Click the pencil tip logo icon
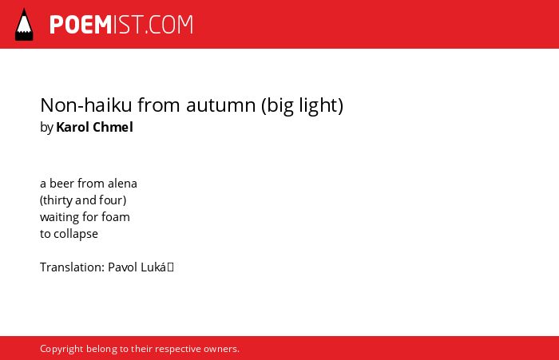point(24,25)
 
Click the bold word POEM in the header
point(81,25)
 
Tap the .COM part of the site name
point(169,25)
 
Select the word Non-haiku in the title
point(86,105)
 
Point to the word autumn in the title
point(221,105)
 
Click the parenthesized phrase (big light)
point(303,105)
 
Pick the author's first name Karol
point(73,127)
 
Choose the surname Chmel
point(113,127)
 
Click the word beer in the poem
point(61,184)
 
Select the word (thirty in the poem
point(57,200)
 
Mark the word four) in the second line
point(113,200)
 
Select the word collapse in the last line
point(76,234)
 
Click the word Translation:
point(73,267)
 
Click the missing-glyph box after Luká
point(170,267)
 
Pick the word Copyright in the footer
point(61,349)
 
